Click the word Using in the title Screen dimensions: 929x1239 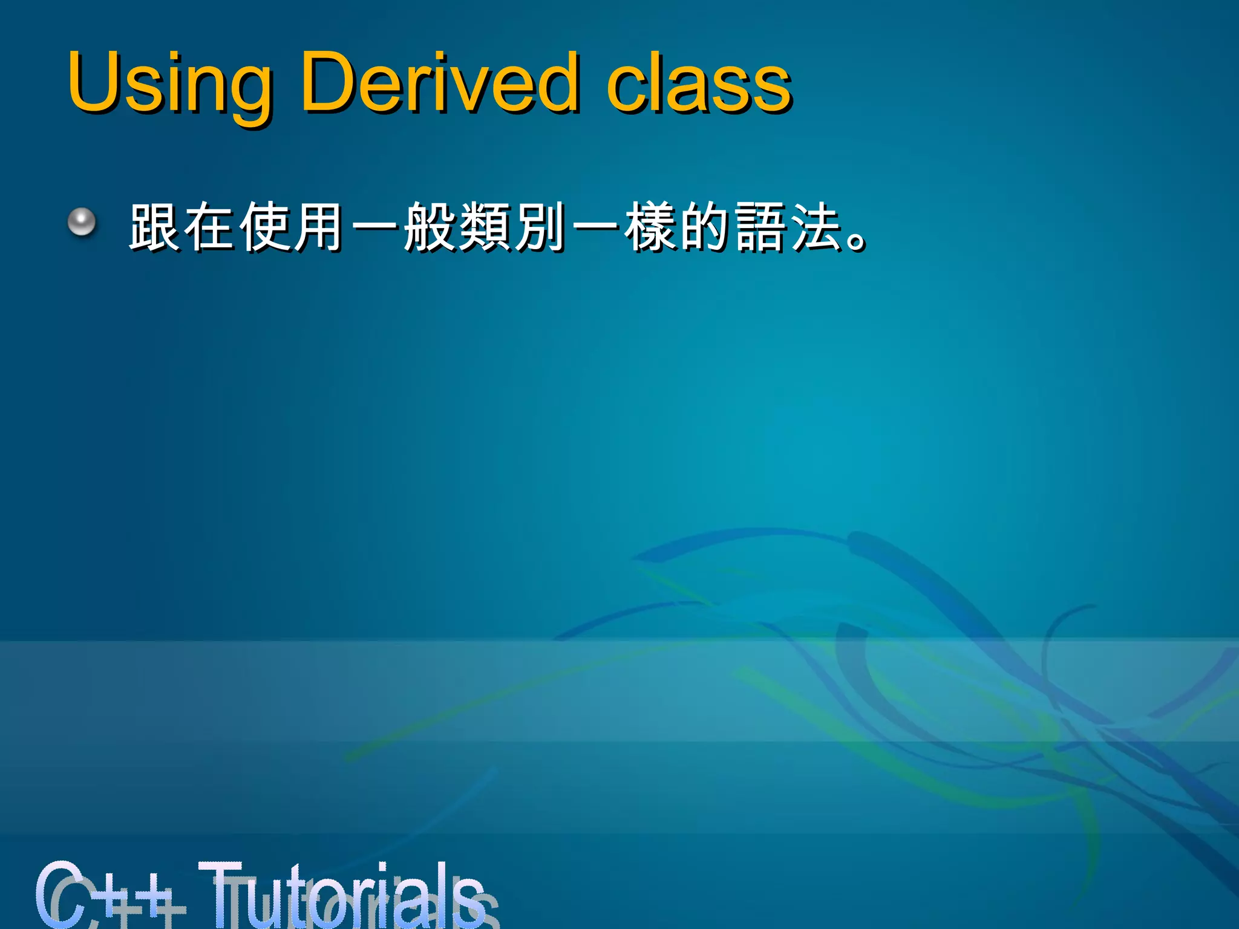pos(169,85)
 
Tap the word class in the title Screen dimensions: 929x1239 pos(699,85)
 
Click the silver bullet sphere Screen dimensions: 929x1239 pos(82,223)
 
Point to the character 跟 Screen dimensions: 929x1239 pos(154,227)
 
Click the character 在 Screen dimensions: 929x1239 pos(209,227)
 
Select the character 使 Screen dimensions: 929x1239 pos(264,227)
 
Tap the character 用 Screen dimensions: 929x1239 pos(319,227)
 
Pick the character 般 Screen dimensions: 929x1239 pos(430,227)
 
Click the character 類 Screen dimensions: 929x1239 pos(485,227)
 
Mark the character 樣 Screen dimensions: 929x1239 pos(650,227)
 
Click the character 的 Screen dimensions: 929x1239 pos(705,227)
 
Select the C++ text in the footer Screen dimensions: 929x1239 pos(109,895)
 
